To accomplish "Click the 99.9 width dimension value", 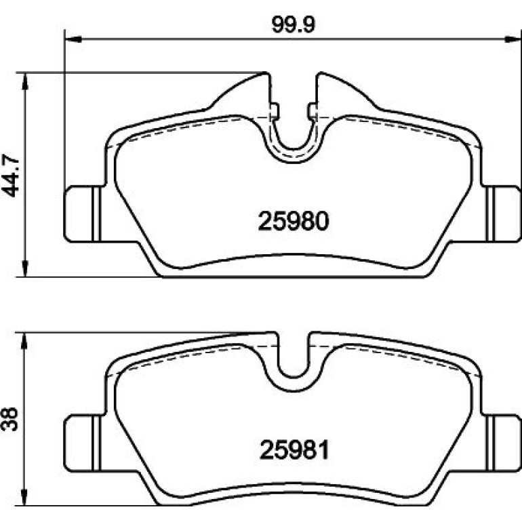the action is tap(293, 25).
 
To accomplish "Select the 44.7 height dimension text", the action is tap(11, 175).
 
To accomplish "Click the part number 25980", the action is tap(294, 222).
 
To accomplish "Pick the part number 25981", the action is tap(294, 449).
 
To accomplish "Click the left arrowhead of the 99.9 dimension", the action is tap(73, 39).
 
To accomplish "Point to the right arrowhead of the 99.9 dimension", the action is tap(513, 39).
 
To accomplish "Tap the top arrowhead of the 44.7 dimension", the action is tap(24, 81).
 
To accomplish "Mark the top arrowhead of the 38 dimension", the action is tap(24, 341).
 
